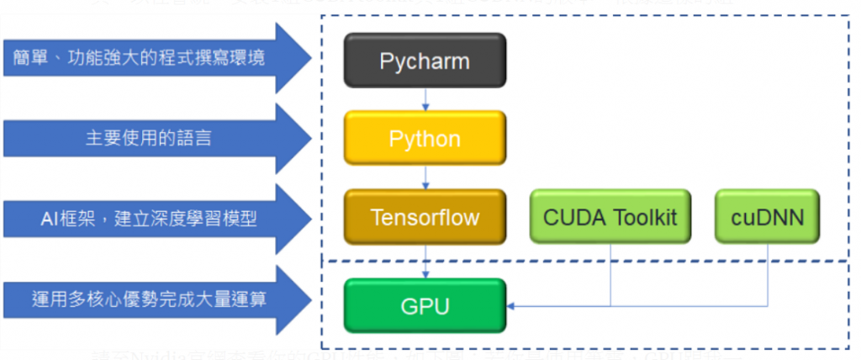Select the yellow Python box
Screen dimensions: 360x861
(425, 138)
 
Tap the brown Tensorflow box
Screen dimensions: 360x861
(425, 218)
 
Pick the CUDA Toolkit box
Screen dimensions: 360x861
(610, 218)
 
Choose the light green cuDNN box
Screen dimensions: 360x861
(767, 218)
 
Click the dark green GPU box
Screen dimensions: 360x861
(425, 305)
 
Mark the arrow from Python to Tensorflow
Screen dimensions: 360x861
(425, 177)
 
